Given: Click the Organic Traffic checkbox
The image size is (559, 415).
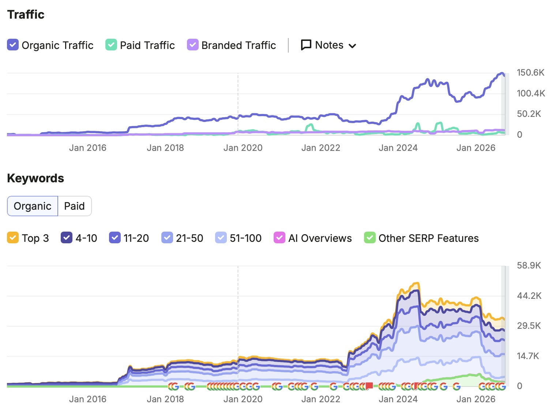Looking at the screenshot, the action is (13, 45).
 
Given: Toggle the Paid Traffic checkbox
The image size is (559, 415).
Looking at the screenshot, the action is (111, 45).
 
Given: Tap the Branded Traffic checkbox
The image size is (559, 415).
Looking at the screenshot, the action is (193, 45).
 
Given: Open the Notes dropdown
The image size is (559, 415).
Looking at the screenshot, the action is (329, 45).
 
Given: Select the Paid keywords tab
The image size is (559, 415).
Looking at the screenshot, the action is (74, 206).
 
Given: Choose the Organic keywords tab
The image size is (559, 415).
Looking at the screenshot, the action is (33, 206).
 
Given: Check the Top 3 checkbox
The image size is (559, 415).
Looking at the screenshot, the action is (13, 237).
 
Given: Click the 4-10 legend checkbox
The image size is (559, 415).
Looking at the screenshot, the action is (67, 237).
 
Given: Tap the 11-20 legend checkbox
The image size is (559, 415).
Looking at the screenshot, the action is (115, 237).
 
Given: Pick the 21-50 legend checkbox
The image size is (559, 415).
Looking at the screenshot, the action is (167, 237).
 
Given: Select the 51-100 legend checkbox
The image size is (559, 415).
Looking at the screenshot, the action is (221, 237).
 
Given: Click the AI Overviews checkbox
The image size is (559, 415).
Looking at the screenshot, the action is (279, 237).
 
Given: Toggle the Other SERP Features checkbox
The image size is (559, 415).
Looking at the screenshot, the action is (370, 237).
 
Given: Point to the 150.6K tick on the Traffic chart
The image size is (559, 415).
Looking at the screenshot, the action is (530, 72).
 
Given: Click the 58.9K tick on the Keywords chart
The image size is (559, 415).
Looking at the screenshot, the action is (529, 265).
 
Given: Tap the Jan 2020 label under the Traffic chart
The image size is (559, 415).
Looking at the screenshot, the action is (243, 148).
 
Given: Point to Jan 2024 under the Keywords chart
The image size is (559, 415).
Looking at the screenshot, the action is (398, 399).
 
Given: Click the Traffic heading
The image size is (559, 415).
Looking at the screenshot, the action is (26, 14).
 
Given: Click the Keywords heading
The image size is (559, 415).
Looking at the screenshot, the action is (35, 178).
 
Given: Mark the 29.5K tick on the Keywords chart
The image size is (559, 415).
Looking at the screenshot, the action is (529, 325).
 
